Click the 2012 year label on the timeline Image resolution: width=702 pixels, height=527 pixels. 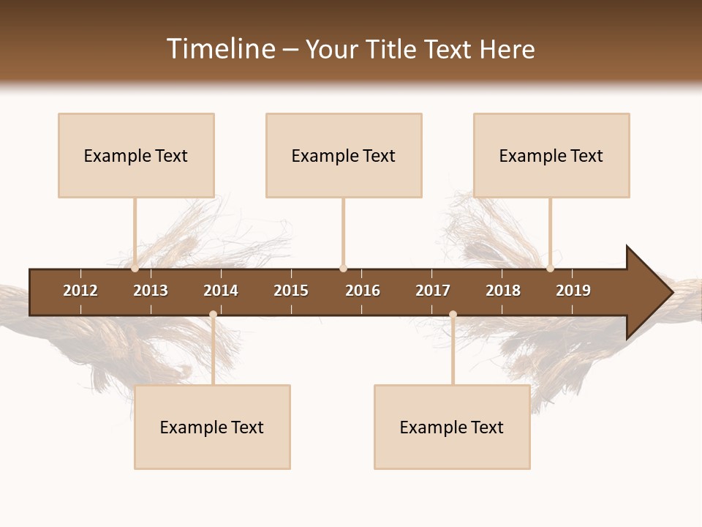80,291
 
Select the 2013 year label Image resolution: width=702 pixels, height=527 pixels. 151,291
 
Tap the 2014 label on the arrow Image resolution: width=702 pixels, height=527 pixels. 221,291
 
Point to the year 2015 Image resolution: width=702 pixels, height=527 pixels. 291,291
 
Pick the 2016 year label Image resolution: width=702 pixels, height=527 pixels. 363,291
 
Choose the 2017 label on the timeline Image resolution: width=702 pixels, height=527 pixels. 433,291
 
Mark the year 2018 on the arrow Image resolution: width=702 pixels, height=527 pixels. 503,291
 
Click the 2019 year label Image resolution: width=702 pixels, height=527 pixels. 573,291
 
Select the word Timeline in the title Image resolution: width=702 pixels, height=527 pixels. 220,49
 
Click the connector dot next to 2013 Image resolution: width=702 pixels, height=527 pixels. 135,269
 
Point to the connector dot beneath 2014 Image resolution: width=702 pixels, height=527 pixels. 213,315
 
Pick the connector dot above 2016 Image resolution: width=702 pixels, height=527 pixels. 343,269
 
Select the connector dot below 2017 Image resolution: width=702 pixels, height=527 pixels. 453,315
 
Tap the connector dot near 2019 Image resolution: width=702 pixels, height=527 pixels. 550,269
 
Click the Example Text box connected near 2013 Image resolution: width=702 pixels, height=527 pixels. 136,155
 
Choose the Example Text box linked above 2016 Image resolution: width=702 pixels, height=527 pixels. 344,155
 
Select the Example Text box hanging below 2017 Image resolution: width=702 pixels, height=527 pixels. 452,427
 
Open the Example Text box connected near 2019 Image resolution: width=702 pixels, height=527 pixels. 551,155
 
